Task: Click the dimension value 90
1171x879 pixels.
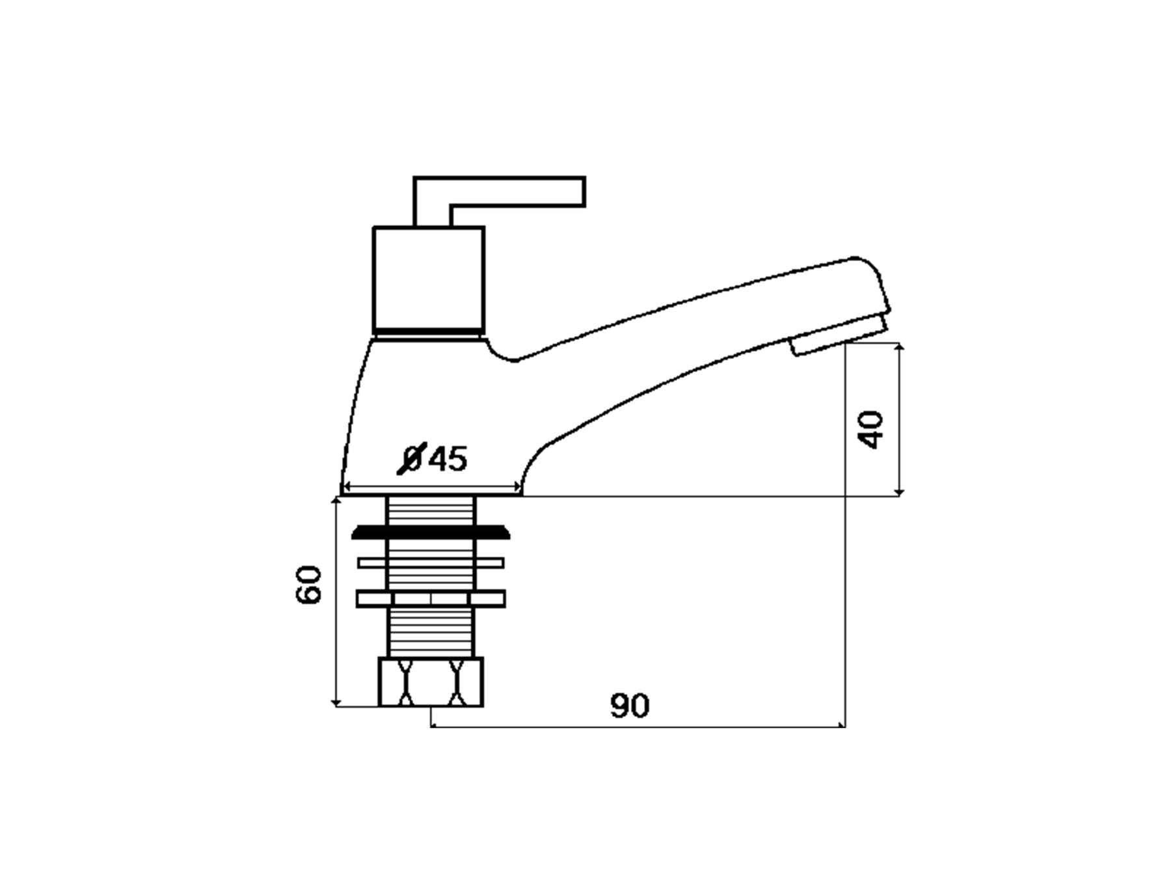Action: pyautogui.click(x=629, y=706)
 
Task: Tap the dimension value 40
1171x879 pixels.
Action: pyautogui.click(x=871, y=429)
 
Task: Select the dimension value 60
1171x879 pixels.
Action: pyautogui.click(x=309, y=585)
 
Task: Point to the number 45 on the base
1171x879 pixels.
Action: pyautogui.click(x=448, y=459)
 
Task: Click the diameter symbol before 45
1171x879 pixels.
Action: pyautogui.click(x=412, y=458)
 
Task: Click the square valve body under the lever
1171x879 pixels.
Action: pyautogui.click(x=429, y=281)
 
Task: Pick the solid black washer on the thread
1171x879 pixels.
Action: pyautogui.click(x=431, y=532)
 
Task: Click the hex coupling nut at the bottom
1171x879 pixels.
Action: pyautogui.click(x=431, y=682)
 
